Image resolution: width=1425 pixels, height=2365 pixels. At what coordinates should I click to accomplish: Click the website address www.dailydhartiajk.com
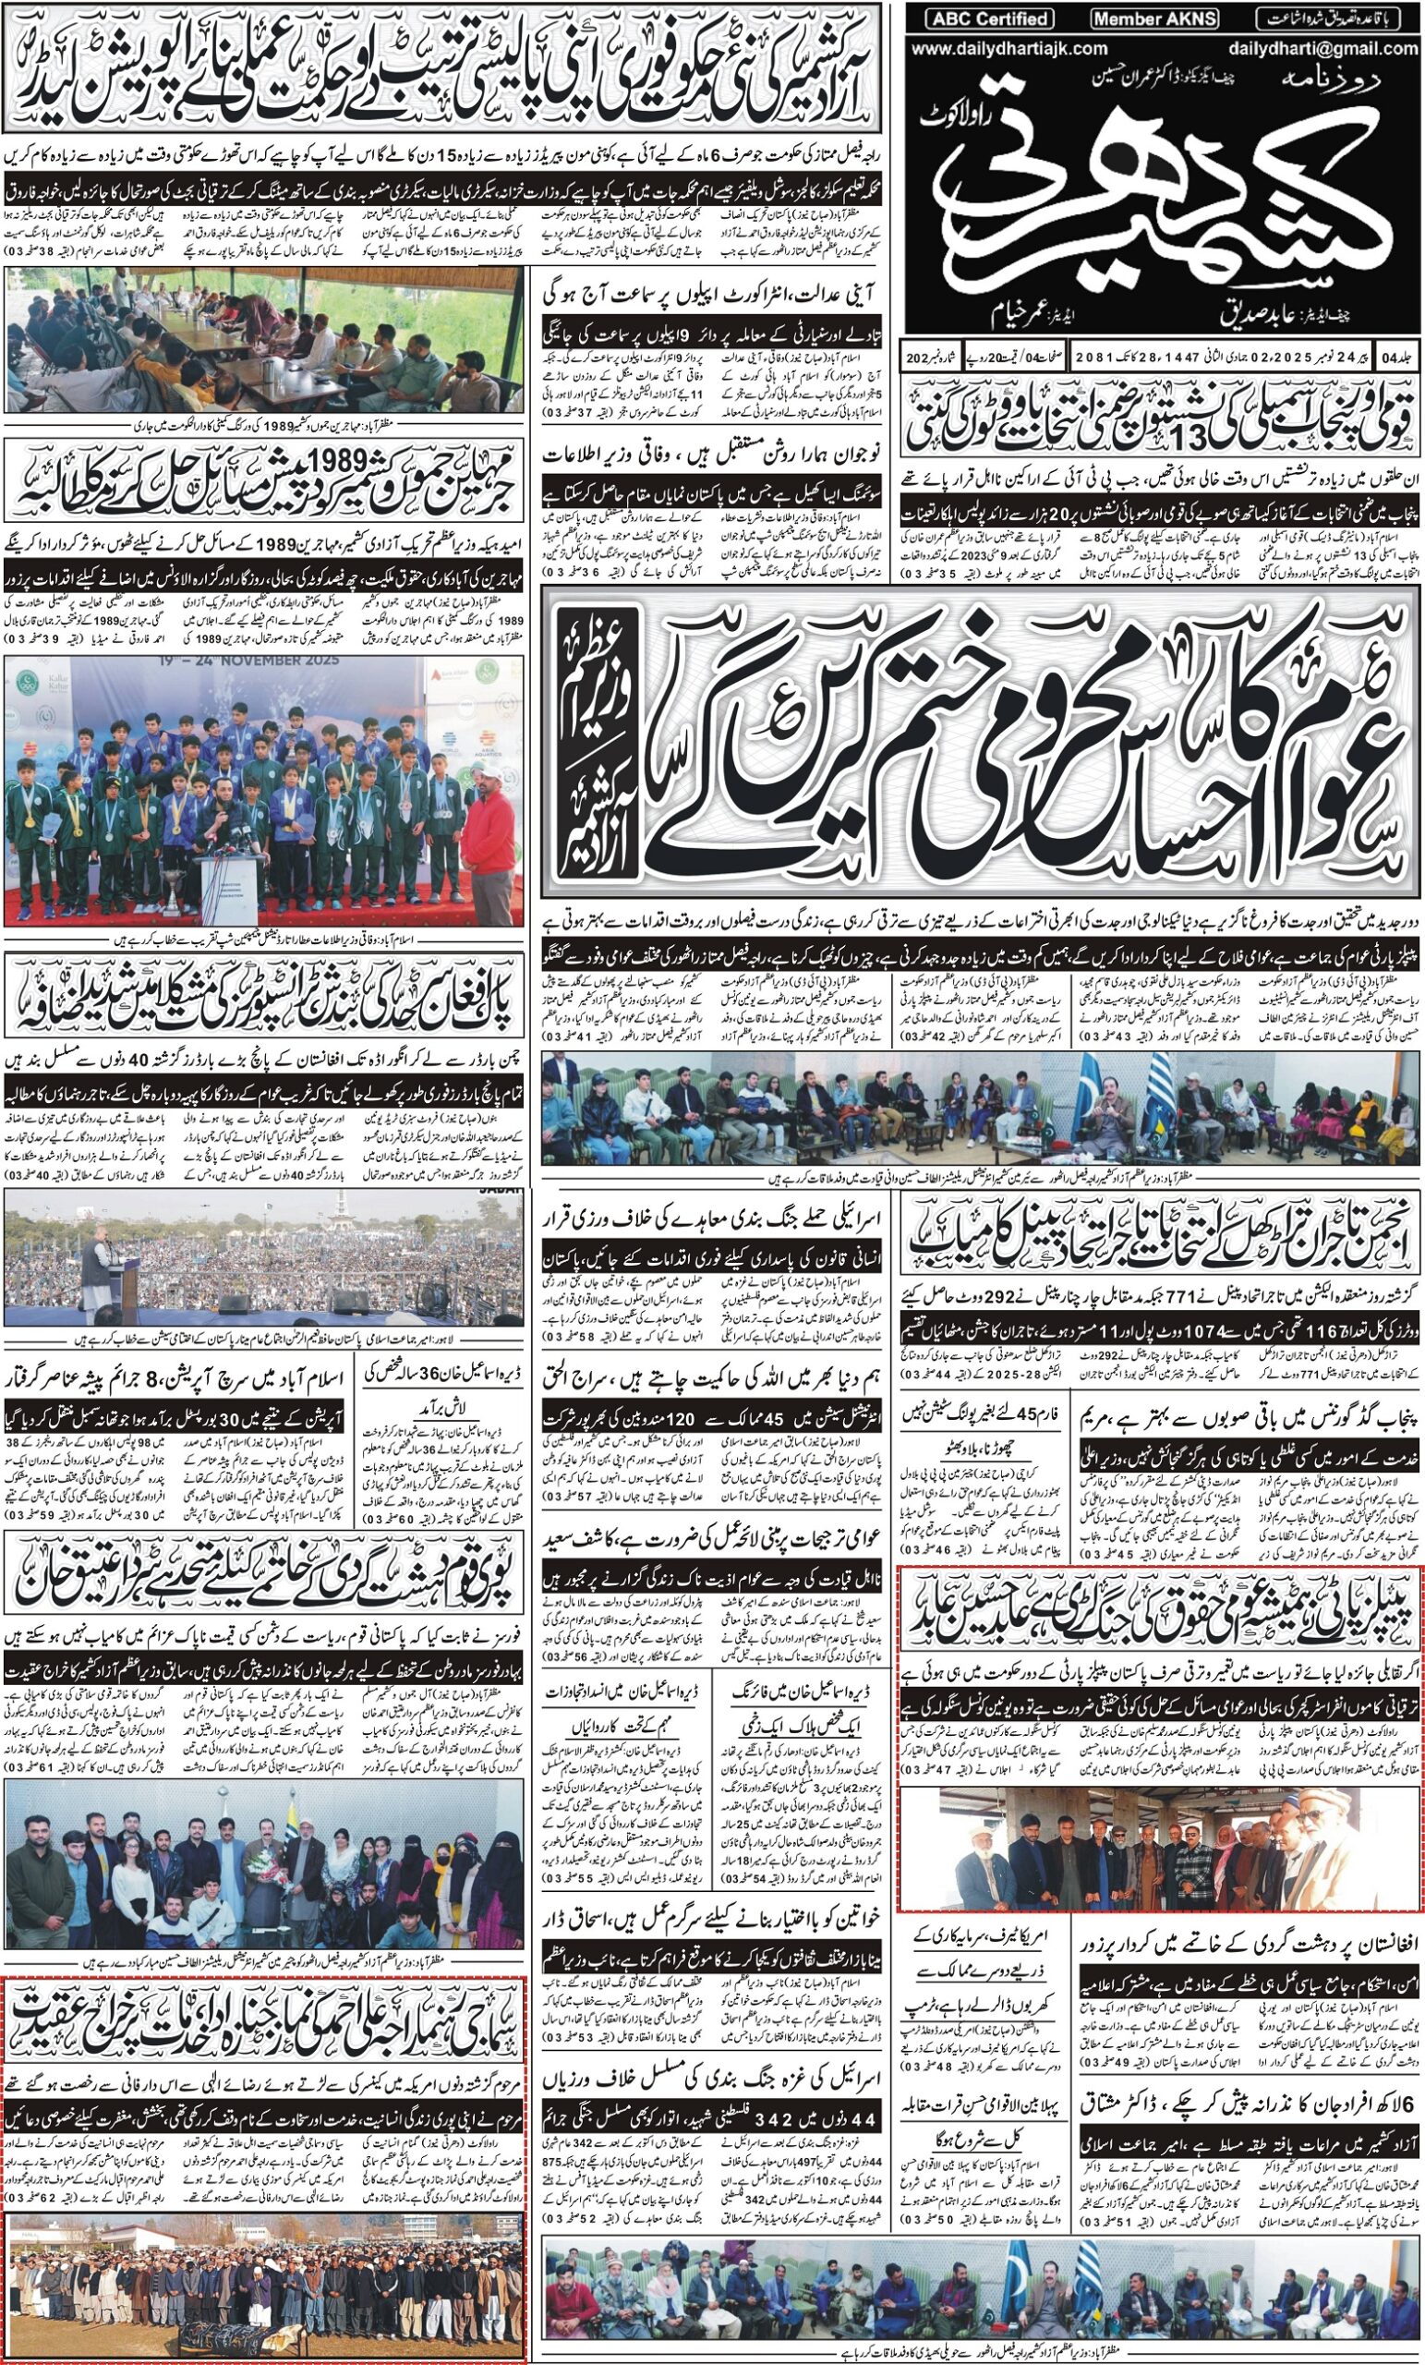click(1009, 49)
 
